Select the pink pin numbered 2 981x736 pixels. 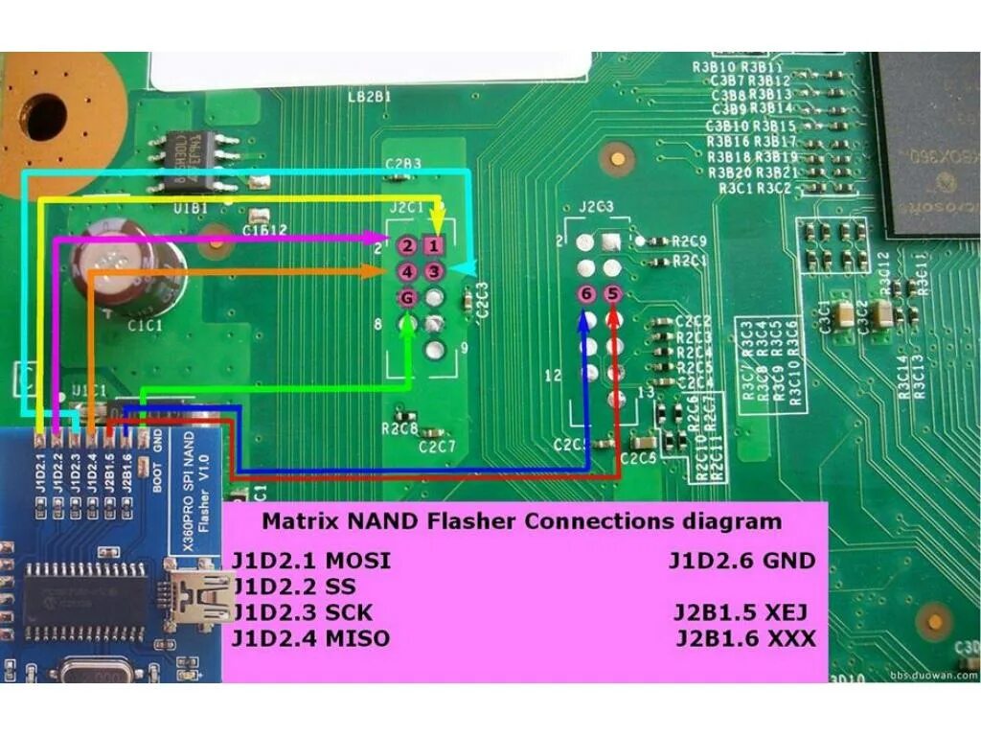(407, 246)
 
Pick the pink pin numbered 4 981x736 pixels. (407, 272)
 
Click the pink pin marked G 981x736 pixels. (407, 298)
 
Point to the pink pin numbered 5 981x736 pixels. (613, 293)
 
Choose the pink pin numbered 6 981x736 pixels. (586, 293)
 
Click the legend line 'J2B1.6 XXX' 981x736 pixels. (746, 638)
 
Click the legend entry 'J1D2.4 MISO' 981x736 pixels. (311, 638)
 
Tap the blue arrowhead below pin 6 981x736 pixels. (585, 320)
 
